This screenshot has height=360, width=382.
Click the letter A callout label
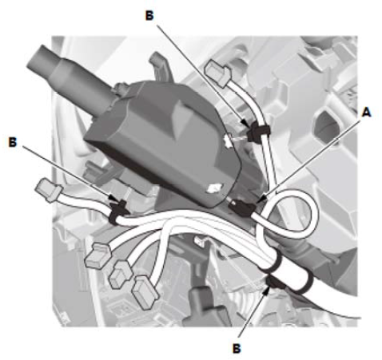367,113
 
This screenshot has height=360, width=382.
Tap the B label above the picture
149,16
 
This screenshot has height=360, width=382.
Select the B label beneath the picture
237,348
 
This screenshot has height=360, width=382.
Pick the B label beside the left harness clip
13,142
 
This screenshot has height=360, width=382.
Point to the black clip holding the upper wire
258,131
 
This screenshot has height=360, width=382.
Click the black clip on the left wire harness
118,212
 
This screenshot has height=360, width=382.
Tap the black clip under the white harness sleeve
274,283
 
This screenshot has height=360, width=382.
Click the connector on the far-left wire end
48,190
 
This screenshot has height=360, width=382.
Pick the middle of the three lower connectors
120,275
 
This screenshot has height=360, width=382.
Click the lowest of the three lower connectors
145,292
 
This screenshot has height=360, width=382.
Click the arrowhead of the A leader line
261,200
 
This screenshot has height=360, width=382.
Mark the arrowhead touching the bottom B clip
266,289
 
